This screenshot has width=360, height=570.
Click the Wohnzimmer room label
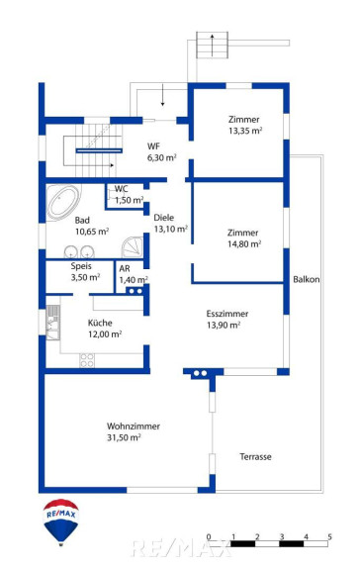click(x=134, y=427)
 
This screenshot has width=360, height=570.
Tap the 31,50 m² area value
click(x=124, y=437)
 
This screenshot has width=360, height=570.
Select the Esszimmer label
click(x=227, y=314)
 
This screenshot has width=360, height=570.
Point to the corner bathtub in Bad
click(x=63, y=202)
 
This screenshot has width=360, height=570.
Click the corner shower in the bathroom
click(x=133, y=247)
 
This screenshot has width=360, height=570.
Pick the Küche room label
click(x=100, y=323)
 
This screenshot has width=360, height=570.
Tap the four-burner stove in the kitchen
click(x=87, y=360)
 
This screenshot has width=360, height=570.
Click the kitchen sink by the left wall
click(x=53, y=323)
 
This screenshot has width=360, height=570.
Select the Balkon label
click(x=307, y=279)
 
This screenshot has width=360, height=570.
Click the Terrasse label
click(x=255, y=456)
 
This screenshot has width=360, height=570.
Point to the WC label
click(x=122, y=189)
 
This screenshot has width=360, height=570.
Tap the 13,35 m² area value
click(x=245, y=131)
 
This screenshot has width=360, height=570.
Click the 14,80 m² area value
click(x=244, y=243)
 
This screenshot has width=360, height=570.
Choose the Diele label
click(x=164, y=218)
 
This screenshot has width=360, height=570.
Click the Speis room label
click(x=81, y=266)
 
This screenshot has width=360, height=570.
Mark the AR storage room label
click(x=125, y=268)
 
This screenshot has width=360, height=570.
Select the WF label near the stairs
click(x=153, y=146)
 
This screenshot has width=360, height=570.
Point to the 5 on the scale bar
click(x=330, y=536)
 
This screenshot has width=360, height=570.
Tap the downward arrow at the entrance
click(x=163, y=95)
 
